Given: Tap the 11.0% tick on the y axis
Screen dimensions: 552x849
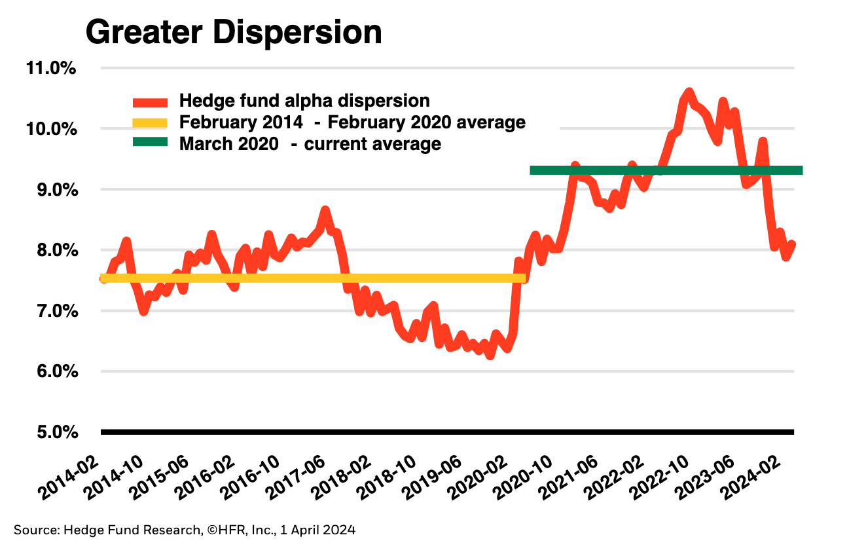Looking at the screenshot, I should point(50,68).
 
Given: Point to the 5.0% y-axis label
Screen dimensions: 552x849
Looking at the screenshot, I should point(54,432).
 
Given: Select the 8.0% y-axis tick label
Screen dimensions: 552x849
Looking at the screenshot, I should point(54,250).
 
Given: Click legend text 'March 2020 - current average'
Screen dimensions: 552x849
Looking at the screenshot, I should point(310,143).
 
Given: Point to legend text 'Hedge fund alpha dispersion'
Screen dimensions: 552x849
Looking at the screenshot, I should point(304,101).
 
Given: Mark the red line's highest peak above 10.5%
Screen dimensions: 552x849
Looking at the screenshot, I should point(688,92).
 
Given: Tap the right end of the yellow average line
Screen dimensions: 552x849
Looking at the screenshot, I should point(523,278).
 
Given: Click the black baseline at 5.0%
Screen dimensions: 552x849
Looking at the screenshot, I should point(447,432).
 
